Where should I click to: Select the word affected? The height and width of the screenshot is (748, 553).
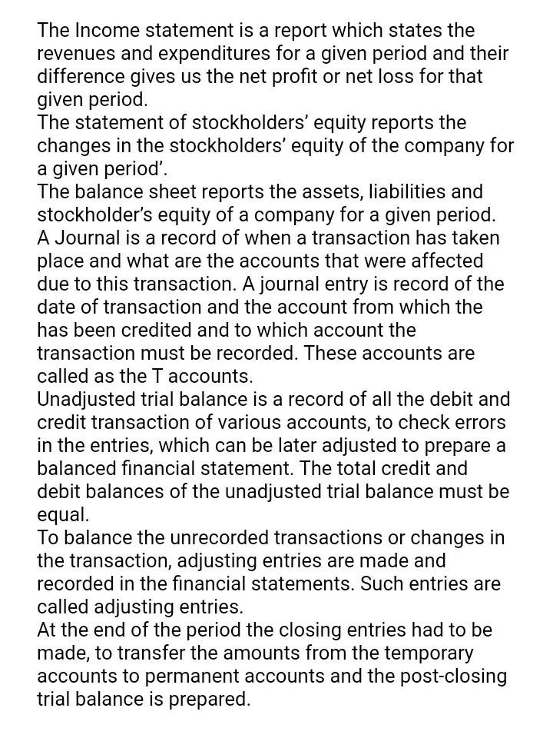click(x=445, y=261)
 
